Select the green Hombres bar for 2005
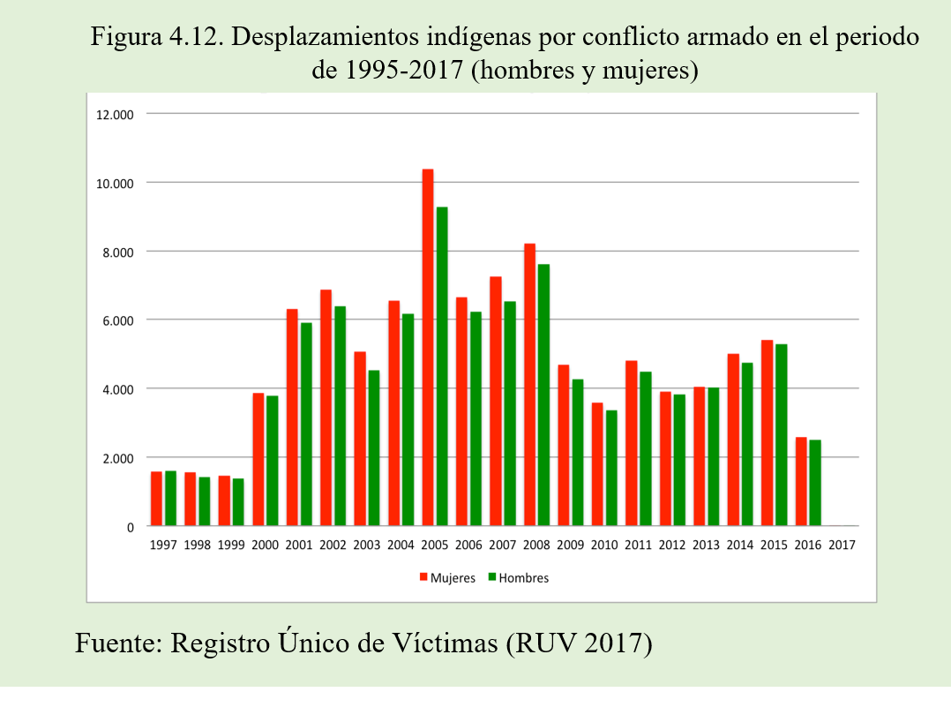click(441, 366)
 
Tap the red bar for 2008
click(529, 385)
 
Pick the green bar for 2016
click(815, 483)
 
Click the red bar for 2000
click(258, 459)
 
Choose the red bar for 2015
click(767, 432)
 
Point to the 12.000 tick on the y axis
click(116, 114)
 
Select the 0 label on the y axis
click(131, 527)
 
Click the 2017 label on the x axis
click(842, 545)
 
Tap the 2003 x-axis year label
click(367, 545)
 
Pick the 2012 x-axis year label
click(672, 545)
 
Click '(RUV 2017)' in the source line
click(580, 642)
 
